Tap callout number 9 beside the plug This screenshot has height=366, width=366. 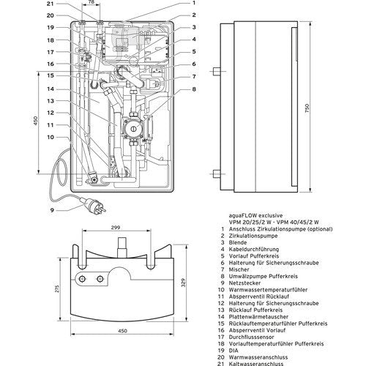click(x=52, y=210)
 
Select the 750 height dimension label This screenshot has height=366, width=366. click(x=307, y=108)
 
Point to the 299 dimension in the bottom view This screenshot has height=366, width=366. click(x=116, y=228)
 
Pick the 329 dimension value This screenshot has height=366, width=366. click(x=184, y=283)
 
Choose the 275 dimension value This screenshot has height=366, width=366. click(x=57, y=289)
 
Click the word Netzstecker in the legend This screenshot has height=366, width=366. click(x=244, y=283)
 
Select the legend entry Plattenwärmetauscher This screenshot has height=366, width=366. click(x=258, y=317)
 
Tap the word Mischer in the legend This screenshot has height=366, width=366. click(x=239, y=269)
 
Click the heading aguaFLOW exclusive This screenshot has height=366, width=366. click(x=255, y=215)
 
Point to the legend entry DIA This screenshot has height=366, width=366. click(x=234, y=351)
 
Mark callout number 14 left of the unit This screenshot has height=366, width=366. click(x=51, y=89)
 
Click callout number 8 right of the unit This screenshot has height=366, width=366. click(x=194, y=89)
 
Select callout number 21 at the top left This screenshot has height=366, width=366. click(x=51, y=4)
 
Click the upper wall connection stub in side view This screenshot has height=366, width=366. click(x=217, y=72)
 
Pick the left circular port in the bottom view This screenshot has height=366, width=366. click(x=82, y=279)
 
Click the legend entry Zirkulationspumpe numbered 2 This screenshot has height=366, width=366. click(x=253, y=236)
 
